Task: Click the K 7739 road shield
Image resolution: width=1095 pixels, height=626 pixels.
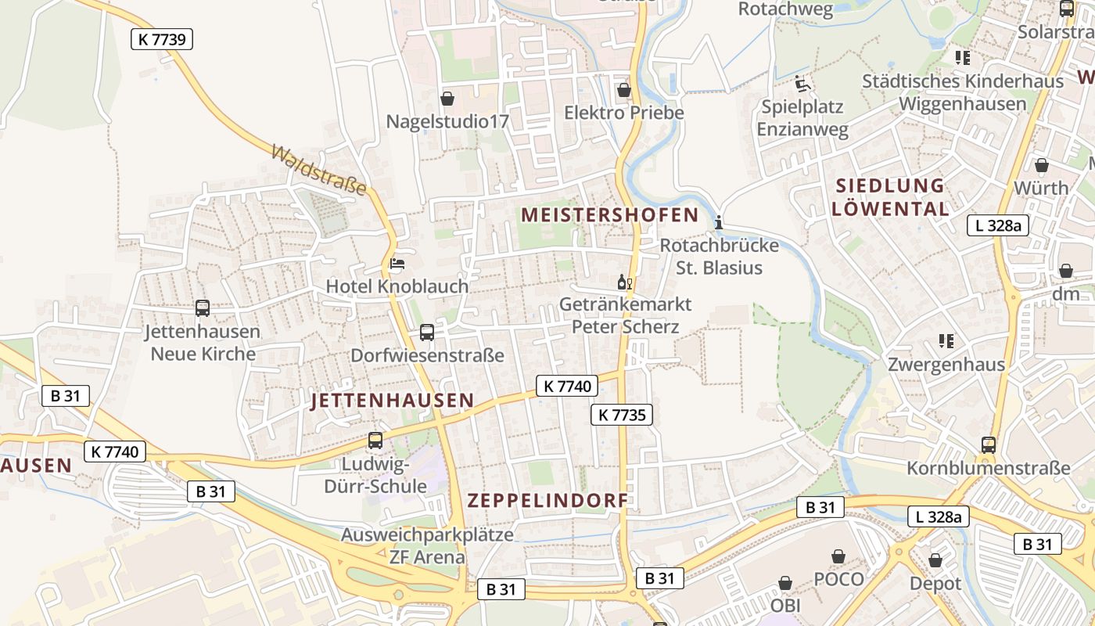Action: (x=162, y=39)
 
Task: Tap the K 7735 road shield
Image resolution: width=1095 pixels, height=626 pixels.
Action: (x=622, y=415)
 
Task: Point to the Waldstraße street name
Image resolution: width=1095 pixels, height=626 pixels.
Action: (x=319, y=169)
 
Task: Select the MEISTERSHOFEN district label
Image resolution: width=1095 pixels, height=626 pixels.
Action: (x=610, y=215)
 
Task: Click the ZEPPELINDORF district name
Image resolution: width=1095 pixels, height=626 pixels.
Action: (x=547, y=501)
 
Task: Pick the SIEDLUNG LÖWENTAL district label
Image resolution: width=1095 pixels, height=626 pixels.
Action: (x=890, y=197)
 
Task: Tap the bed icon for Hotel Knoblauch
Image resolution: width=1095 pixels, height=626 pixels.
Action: (x=397, y=264)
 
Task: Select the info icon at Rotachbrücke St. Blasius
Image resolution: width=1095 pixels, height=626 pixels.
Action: (x=719, y=223)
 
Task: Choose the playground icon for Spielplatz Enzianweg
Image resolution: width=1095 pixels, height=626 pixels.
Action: (x=802, y=84)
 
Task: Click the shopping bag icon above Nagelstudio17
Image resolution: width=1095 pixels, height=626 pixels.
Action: (x=447, y=99)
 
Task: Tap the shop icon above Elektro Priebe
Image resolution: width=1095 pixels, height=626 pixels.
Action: (x=623, y=90)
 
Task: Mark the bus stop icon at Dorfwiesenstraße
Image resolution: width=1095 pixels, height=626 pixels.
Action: (x=427, y=333)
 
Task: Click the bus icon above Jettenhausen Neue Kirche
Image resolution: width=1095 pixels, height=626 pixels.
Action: (x=203, y=309)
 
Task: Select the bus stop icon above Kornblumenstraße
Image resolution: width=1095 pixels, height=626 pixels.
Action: (x=989, y=445)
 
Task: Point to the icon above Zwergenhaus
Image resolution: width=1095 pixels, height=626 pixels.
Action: (x=946, y=341)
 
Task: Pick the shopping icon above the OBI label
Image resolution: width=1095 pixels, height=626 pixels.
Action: (x=785, y=584)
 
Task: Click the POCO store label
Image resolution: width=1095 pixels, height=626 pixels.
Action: (x=839, y=579)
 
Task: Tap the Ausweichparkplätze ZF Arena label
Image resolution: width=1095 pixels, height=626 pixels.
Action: (x=427, y=546)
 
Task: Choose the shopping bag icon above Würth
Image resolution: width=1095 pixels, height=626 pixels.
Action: (x=1041, y=166)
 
